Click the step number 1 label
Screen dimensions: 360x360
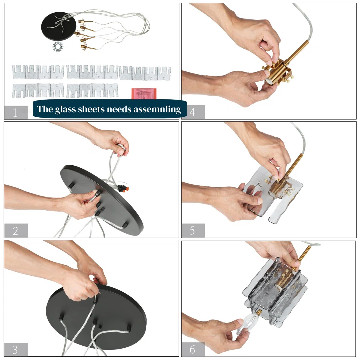[x=15, y=113]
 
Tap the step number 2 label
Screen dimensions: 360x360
[x=15, y=231]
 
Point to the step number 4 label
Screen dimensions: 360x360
[x=192, y=112]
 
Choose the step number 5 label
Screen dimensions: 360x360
[x=192, y=231]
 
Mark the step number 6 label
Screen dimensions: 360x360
[x=192, y=349]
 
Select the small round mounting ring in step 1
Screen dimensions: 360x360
[x=58, y=46]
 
